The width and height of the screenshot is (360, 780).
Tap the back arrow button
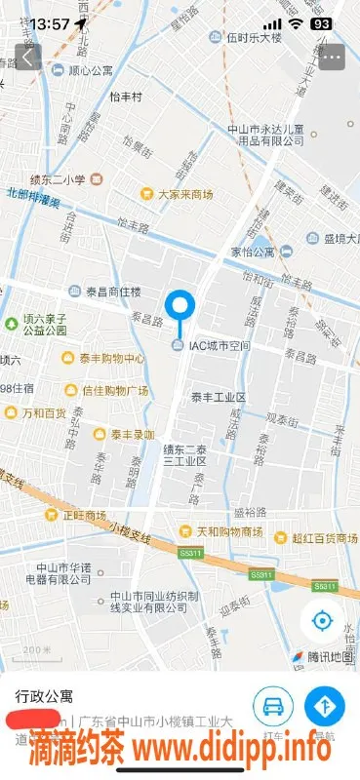tap(27, 57)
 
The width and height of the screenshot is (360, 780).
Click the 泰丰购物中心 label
tap(110, 358)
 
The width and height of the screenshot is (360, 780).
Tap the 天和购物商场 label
tap(228, 532)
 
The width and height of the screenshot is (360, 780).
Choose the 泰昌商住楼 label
tap(114, 291)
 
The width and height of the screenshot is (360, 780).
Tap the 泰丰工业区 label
tap(218, 397)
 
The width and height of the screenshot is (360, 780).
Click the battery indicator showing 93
tap(320, 22)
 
